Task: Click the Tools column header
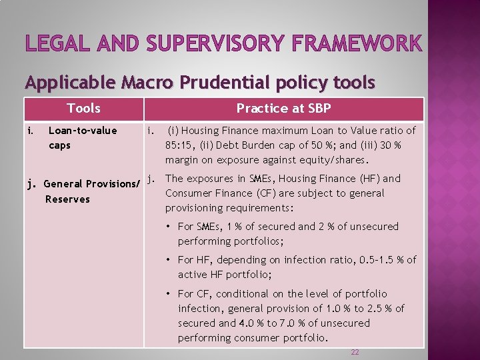(83, 108)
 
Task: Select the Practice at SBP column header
(283, 108)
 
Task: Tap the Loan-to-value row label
(82, 130)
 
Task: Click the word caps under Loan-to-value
(59, 145)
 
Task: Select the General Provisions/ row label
(91, 183)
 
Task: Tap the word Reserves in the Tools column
(67, 199)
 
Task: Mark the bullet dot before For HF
(171, 260)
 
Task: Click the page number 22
(355, 351)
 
